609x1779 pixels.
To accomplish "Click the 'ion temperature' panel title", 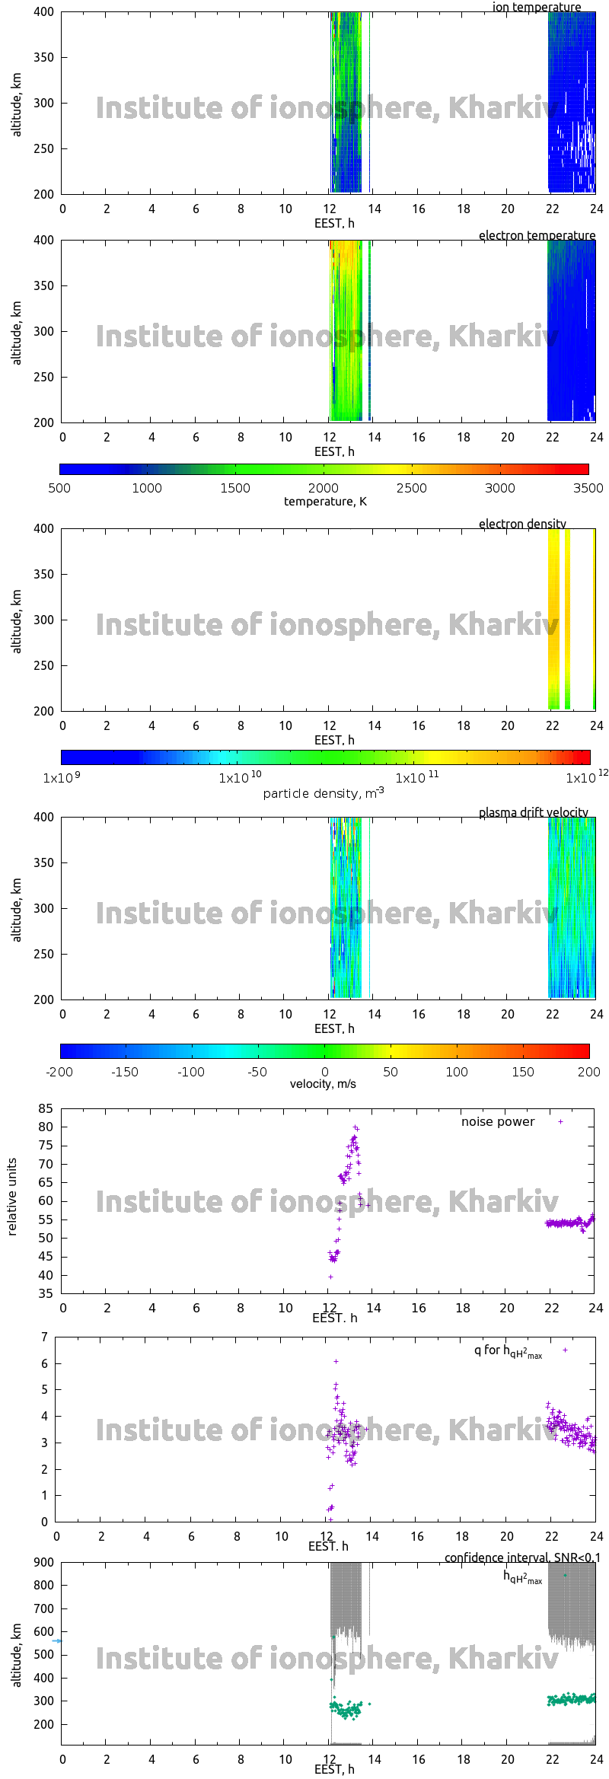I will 536,7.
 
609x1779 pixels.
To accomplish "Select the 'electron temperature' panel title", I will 537,235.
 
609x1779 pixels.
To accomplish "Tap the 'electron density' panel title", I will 522,524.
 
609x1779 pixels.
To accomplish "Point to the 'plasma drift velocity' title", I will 533,812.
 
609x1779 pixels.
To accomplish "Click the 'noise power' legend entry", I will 498,1121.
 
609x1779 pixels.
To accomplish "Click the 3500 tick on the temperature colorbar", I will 588,488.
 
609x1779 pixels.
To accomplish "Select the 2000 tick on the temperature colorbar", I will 324,488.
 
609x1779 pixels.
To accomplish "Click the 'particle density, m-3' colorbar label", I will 324,793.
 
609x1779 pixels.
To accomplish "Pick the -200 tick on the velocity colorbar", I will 60,1072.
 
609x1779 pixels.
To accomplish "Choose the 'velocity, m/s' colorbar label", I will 323,1083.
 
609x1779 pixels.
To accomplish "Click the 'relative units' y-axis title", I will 12,1197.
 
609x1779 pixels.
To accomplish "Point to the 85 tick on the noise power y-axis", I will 46,1108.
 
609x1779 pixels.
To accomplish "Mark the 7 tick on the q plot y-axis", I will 45,1337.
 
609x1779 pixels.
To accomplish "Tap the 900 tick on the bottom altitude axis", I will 44,1562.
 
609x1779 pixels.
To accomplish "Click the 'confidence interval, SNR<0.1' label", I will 522,1557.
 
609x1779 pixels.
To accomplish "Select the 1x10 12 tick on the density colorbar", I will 587,777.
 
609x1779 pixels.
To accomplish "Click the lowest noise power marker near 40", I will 330,1277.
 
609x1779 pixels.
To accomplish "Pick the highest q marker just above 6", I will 336,1361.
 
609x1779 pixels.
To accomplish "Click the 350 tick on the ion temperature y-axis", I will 44,57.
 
